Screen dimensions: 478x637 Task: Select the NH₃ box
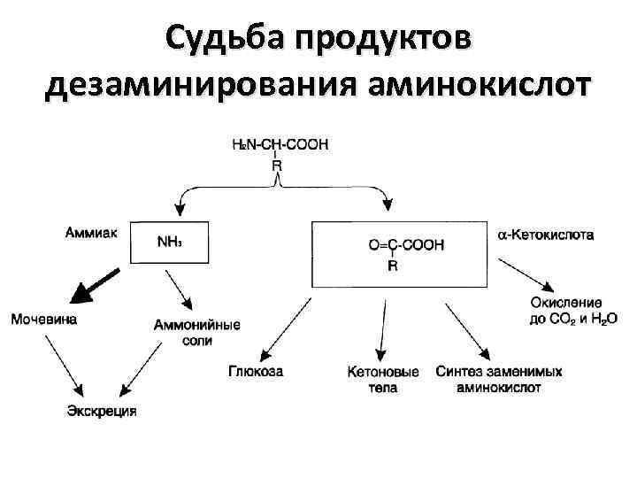[x=169, y=241]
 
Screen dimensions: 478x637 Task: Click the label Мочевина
[x=43, y=319]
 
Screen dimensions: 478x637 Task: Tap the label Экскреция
[x=103, y=411]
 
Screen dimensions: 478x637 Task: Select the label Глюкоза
[x=256, y=373]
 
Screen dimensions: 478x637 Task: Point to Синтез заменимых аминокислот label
[x=499, y=380]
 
